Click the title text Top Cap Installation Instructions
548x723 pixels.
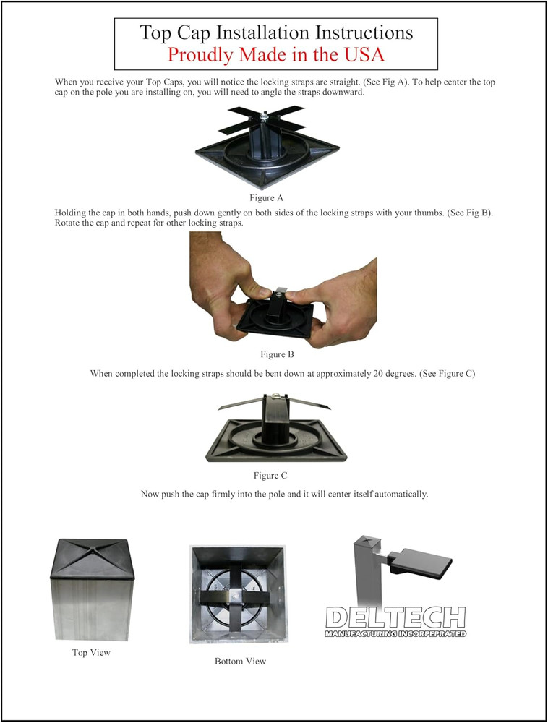click(x=276, y=33)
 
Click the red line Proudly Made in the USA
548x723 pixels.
click(x=276, y=55)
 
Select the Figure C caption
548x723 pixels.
click(x=271, y=476)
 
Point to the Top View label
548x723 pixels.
click(x=90, y=653)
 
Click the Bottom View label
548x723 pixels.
click(x=240, y=662)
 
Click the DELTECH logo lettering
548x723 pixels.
click(x=395, y=618)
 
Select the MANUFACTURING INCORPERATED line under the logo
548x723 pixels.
click(x=395, y=634)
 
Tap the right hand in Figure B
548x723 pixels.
click(x=340, y=296)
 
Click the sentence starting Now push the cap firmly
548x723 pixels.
click(x=284, y=495)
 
